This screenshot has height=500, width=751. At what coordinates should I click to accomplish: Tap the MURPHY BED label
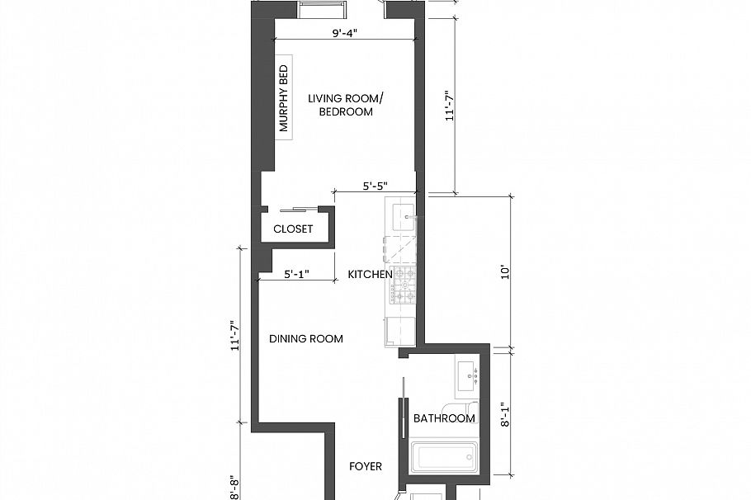point(284,99)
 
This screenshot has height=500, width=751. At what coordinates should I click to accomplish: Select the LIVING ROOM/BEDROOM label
point(341,105)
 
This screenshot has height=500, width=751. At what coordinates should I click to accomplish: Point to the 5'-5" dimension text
point(375,186)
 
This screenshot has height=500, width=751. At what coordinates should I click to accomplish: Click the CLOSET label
point(293,229)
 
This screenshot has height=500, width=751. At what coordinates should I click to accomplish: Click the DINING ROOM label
point(306,338)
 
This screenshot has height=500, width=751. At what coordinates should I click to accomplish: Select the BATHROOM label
point(444,418)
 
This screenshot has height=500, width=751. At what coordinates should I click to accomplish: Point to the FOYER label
point(366,466)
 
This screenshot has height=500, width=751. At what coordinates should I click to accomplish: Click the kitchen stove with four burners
point(405,285)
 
